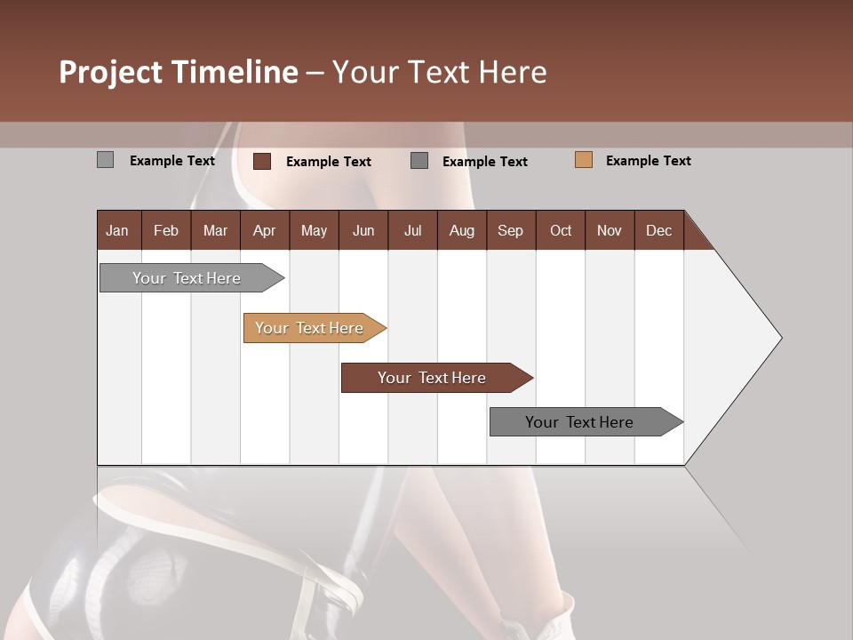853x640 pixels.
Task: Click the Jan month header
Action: pos(118,230)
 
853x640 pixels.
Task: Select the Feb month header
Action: pos(166,230)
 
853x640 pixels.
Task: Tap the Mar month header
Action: pos(215,230)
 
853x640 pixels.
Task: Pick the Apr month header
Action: pos(264,230)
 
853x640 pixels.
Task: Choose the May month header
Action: pos(314,230)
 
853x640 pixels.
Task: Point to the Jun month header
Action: pos(363,230)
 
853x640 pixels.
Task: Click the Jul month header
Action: pos(412,230)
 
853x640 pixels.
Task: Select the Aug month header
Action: pos(461,230)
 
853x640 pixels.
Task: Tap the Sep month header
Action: pos(510,230)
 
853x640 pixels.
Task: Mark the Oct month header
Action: pos(561,230)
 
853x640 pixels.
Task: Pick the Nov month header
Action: pos(610,230)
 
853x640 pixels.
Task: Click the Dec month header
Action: pos(658,230)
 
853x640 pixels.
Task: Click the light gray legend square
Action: pos(106,160)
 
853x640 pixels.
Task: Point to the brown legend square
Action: pos(262,161)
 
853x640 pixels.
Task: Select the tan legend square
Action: pos(584,160)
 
